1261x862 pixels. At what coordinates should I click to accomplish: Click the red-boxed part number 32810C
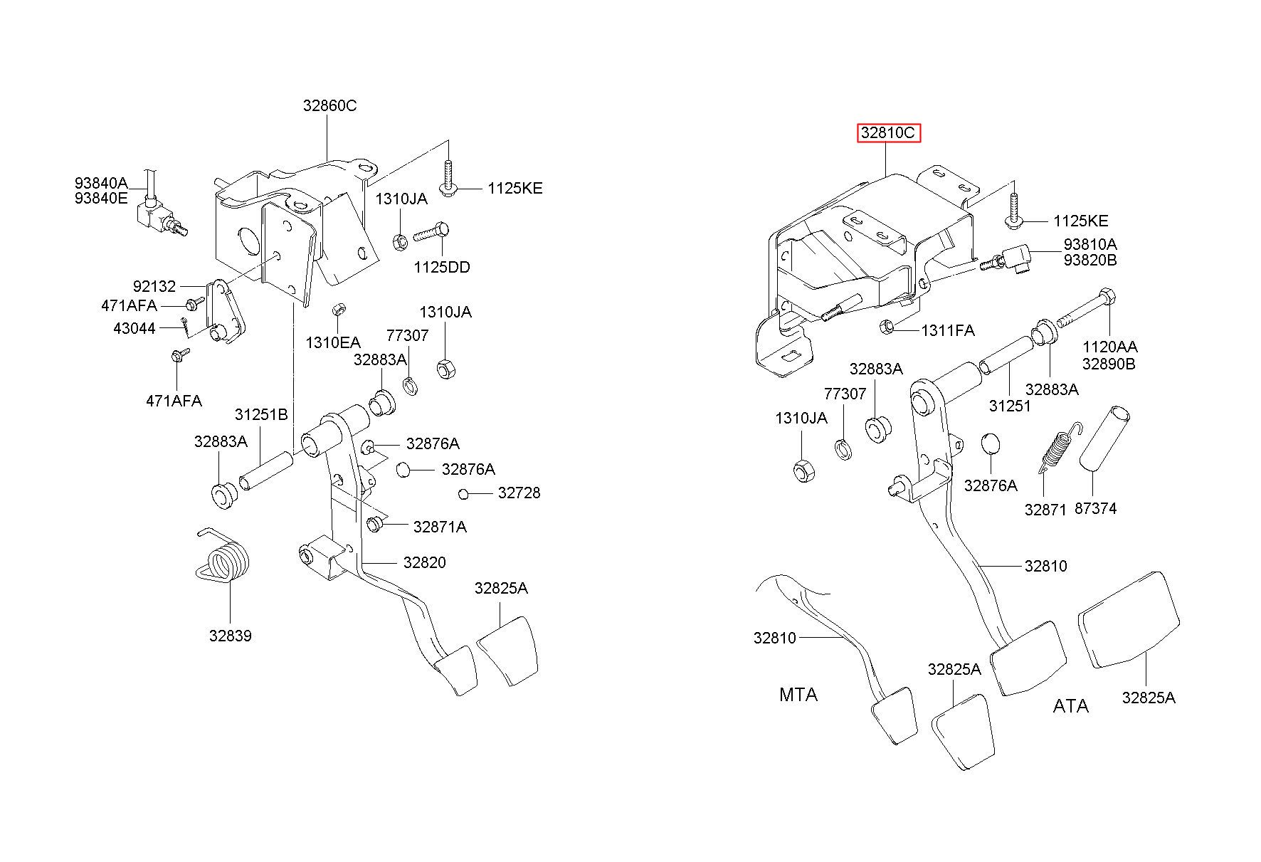coord(888,132)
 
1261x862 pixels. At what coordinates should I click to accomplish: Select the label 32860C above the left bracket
coord(329,105)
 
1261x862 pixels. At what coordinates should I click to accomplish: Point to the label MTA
coord(798,695)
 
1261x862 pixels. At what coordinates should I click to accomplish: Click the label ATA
coord(1070,706)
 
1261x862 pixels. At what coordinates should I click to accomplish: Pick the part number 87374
coord(1095,508)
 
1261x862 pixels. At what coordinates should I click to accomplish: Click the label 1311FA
coord(948,330)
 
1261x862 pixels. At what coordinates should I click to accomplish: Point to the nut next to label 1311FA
coord(887,327)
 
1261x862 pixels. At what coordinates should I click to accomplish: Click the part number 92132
coord(154,286)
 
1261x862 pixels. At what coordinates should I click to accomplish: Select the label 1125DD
coord(442,267)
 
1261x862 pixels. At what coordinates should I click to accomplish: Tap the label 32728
coord(519,493)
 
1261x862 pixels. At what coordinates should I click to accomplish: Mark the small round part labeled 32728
coord(463,494)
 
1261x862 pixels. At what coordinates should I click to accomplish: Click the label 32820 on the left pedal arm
coord(424,562)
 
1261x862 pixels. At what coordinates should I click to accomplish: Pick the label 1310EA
coord(333,342)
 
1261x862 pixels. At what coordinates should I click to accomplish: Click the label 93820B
coord(1090,260)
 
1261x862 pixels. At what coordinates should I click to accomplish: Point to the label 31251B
coord(261,414)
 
